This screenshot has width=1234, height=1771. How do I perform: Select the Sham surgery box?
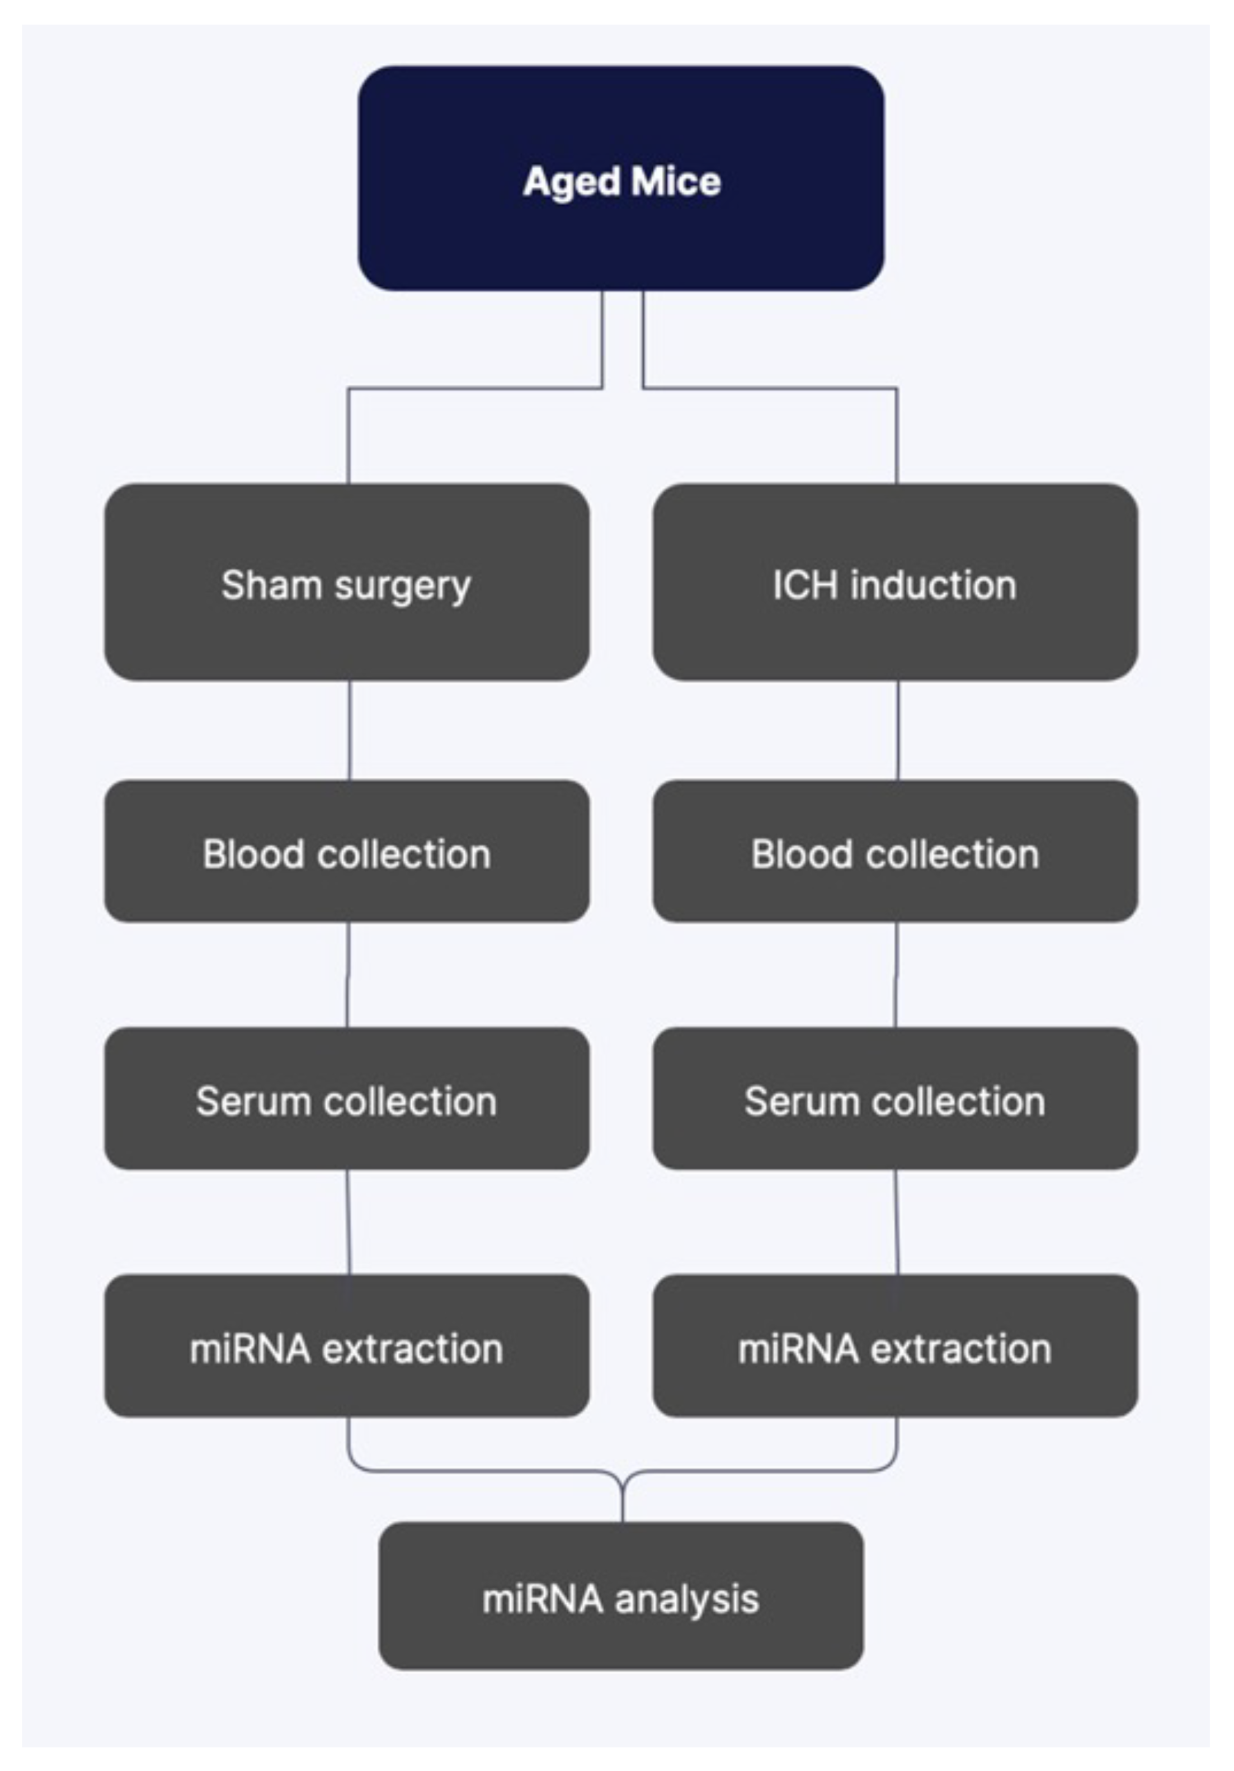346,582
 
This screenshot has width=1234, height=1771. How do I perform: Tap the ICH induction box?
895,582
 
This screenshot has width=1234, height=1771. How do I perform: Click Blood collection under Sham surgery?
346,852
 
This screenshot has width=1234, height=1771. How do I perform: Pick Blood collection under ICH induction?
895,852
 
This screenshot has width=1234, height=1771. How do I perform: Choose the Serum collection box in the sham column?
346,1099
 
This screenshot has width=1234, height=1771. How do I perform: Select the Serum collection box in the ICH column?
895,1099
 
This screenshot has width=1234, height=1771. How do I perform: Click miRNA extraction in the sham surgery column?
346,1347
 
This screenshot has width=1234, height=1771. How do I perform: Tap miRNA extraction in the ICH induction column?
895,1347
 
